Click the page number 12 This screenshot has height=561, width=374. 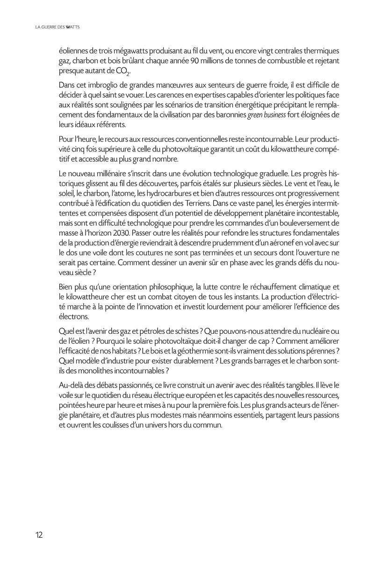pyautogui.click(x=38, y=535)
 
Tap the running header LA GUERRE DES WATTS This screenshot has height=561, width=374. pyautogui.click(x=58, y=28)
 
